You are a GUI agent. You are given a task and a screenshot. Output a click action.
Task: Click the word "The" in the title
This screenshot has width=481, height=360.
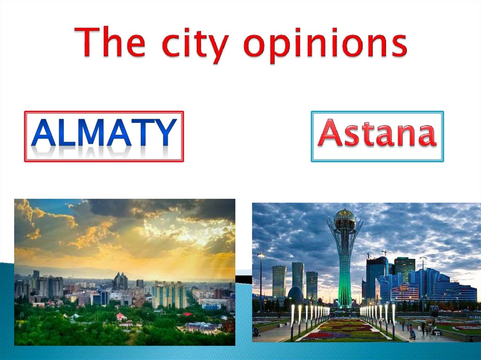[109, 43]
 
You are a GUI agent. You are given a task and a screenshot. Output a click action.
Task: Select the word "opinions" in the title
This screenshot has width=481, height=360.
[325, 45]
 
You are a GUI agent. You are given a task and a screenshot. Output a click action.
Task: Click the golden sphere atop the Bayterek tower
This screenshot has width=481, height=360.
[344, 215]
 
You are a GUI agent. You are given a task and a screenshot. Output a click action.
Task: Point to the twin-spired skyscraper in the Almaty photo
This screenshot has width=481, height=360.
[120, 281]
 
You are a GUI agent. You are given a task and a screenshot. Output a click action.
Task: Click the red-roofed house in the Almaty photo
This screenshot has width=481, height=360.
[122, 317]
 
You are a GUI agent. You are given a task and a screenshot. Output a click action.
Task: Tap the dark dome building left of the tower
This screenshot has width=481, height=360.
[295, 294]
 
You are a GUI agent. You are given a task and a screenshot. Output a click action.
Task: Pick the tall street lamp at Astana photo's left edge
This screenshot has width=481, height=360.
[261, 277]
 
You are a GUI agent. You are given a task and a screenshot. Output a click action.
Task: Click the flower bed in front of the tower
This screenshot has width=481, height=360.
[346, 329]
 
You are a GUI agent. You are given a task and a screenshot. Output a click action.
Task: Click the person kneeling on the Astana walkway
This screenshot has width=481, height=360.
[412, 334]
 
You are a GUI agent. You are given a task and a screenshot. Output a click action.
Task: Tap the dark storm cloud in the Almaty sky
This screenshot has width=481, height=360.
[155, 209]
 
